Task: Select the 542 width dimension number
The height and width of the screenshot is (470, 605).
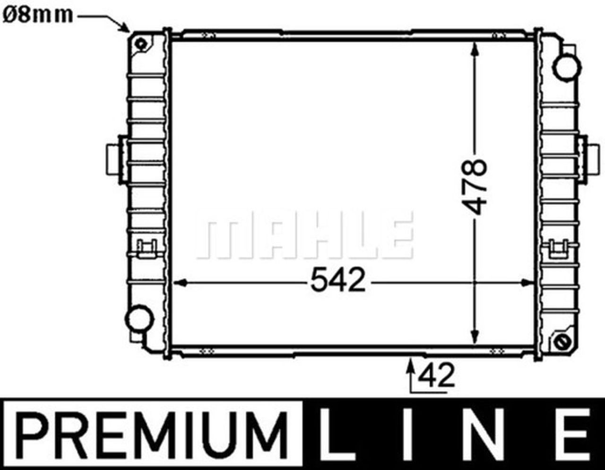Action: tap(338, 281)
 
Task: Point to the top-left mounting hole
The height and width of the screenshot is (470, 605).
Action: tap(140, 44)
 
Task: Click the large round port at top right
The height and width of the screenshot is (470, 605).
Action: tap(566, 67)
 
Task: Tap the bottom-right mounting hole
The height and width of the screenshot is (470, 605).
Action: tap(562, 342)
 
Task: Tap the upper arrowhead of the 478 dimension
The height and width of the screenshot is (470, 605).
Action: tap(475, 50)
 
